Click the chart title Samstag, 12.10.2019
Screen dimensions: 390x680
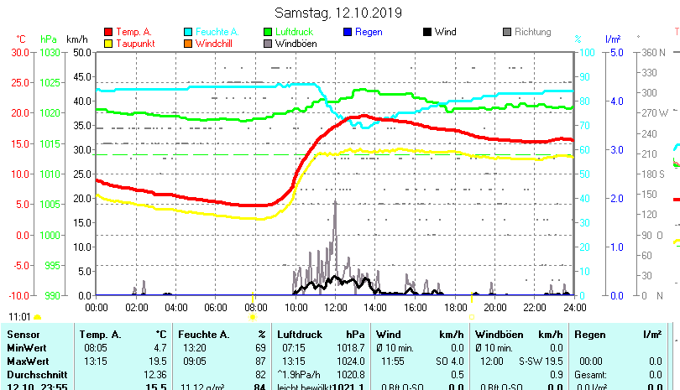[x=338, y=13]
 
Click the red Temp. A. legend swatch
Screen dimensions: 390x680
[x=107, y=32]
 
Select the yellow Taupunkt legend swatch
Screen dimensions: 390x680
[x=107, y=43]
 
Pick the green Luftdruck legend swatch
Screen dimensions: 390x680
[x=269, y=32]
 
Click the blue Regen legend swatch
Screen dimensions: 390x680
[x=348, y=32]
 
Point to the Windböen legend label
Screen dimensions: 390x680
[x=296, y=43]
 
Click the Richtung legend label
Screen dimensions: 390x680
[x=533, y=32]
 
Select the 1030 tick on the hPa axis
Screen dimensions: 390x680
[x=50, y=52]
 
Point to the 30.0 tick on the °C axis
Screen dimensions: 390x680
[x=20, y=52]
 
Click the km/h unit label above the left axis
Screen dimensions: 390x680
[x=76, y=39]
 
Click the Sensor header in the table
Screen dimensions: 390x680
[x=23, y=335]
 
